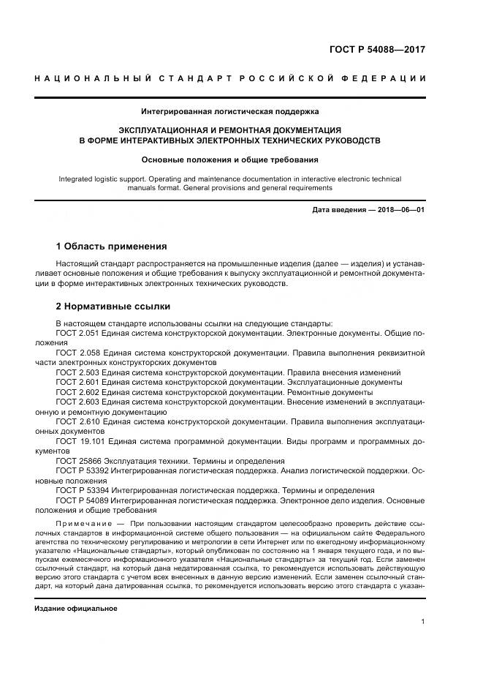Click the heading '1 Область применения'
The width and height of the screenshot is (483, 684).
click(x=111, y=246)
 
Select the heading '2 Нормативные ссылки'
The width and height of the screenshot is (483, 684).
click(x=113, y=306)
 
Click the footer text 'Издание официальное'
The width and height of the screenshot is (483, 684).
click(x=76, y=608)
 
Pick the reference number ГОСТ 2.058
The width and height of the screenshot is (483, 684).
click(x=77, y=353)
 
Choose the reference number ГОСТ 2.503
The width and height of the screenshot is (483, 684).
click(x=77, y=372)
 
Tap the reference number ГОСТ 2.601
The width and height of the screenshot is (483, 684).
click(x=77, y=382)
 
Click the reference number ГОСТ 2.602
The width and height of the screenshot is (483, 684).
click(x=77, y=392)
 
